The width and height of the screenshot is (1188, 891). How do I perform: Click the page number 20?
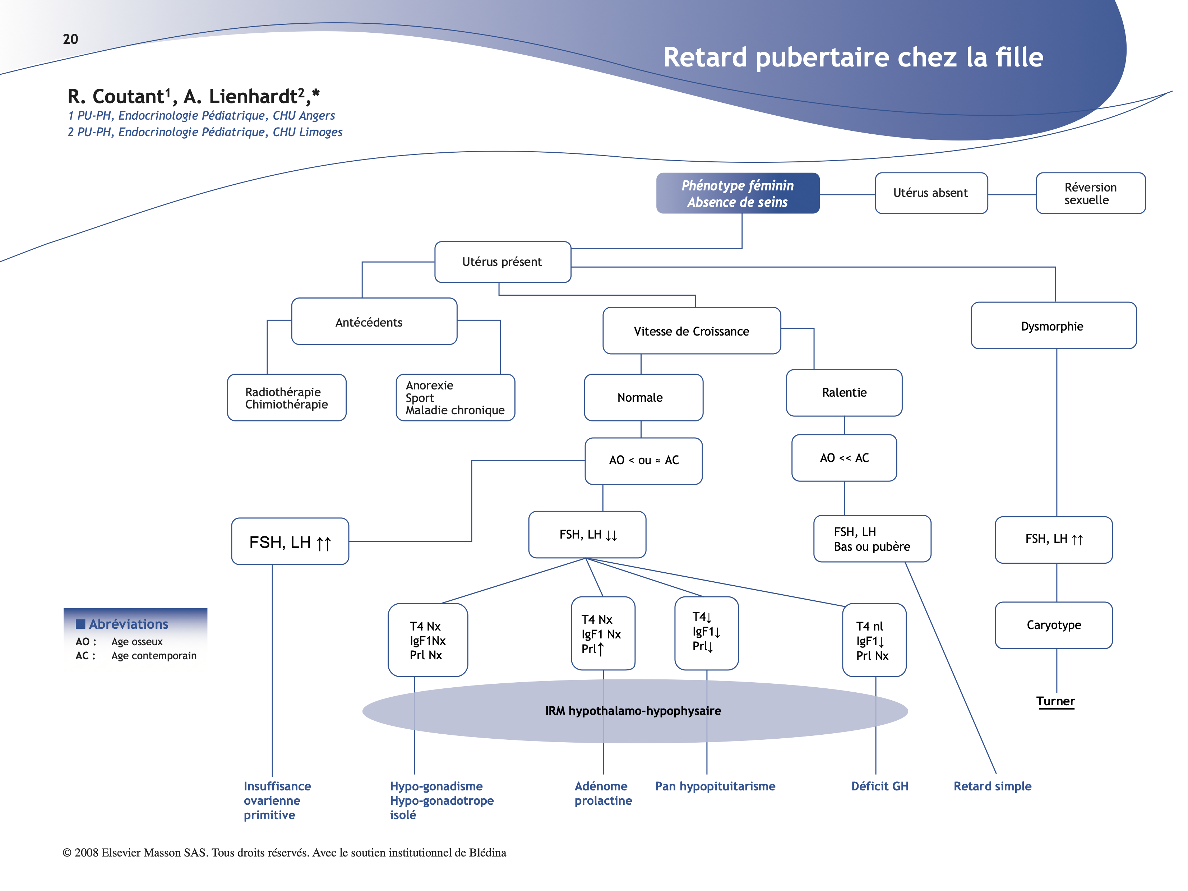click(70, 39)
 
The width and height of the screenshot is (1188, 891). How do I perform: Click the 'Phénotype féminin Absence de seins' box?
click(738, 193)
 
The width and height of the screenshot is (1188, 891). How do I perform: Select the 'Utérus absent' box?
click(931, 193)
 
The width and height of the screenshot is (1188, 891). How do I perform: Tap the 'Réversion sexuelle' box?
click(1090, 193)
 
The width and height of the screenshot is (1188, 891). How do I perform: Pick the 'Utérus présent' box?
click(502, 262)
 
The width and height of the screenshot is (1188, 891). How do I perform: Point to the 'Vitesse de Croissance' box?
click(691, 331)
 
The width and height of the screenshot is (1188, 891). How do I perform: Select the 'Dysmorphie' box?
click(1053, 326)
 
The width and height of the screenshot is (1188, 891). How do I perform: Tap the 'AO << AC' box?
click(844, 458)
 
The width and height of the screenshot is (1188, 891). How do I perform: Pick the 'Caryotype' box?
click(1053, 625)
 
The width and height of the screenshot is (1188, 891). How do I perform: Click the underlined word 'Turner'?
click(1055, 701)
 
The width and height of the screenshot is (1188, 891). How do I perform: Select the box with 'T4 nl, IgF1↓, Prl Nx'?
click(874, 640)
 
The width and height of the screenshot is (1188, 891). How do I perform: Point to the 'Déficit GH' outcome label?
click(880, 786)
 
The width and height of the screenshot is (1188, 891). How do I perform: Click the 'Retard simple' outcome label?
click(992, 786)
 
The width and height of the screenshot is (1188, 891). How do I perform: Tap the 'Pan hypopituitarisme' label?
click(715, 786)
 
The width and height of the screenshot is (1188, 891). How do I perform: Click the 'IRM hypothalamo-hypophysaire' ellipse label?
click(633, 711)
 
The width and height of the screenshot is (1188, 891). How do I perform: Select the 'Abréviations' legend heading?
click(128, 624)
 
